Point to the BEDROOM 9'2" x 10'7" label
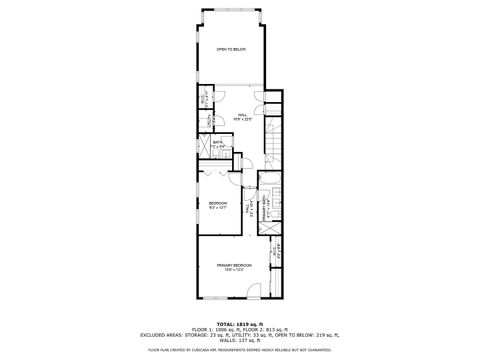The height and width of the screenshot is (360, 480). [218, 205]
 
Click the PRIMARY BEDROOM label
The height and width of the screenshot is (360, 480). [233, 266]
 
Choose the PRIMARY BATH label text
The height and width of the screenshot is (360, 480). [267, 208]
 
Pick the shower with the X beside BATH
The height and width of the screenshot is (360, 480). [205, 146]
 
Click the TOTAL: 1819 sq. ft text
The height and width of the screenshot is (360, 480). [239, 324]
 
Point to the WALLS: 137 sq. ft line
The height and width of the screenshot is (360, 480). [240, 340]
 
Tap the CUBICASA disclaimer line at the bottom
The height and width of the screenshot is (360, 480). [240, 350]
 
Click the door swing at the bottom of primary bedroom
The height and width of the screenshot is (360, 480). [257, 290]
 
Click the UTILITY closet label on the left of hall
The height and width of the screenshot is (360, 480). [203, 99]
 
